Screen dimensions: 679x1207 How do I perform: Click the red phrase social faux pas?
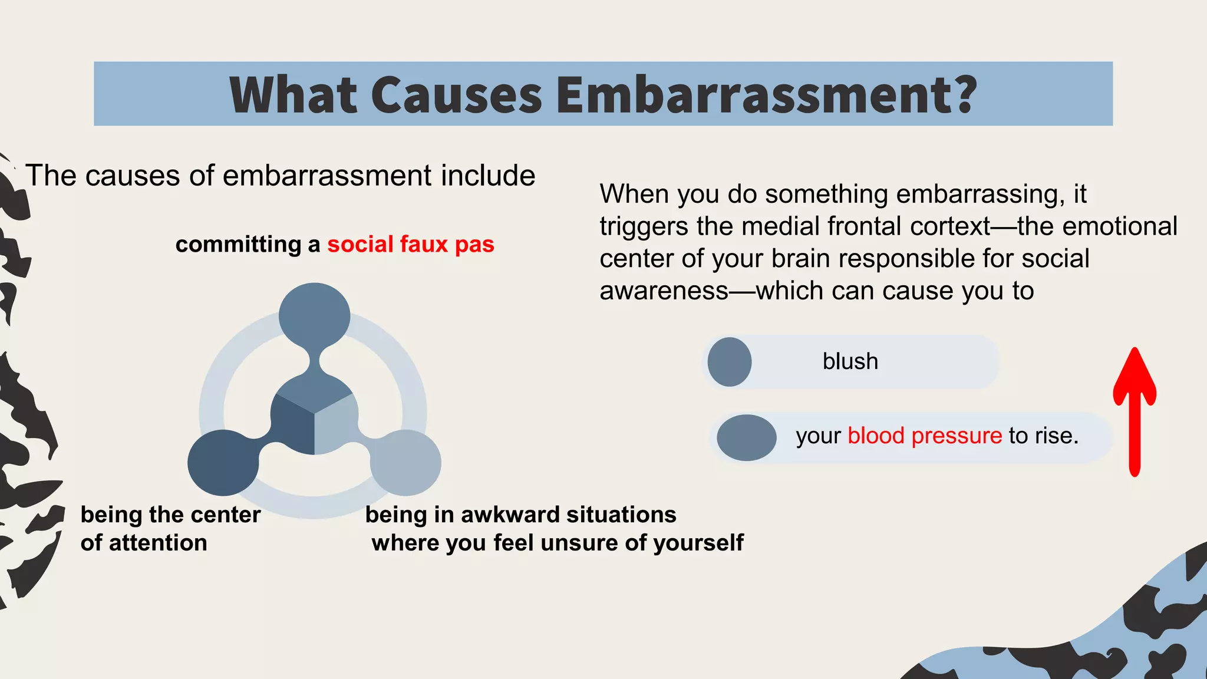[x=411, y=244]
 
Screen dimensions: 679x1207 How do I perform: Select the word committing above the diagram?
[x=238, y=244]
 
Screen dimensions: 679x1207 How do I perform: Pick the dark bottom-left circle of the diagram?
[x=223, y=463]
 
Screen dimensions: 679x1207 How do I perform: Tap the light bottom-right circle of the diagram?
[x=406, y=463]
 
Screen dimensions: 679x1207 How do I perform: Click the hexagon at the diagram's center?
[x=314, y=416]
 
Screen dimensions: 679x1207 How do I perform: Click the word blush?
[x=850, y=361]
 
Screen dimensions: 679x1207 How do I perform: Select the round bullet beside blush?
[x=729, y=362]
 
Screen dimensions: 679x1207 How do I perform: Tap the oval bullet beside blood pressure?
[x=746, y=437]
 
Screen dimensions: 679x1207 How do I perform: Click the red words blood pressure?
[x=925, y=436]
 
